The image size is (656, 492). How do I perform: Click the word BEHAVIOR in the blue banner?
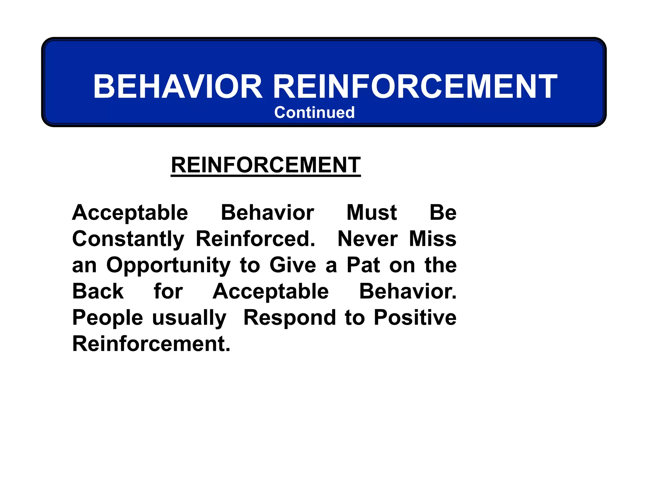click(178, 86)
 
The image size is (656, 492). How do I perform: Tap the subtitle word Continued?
click(314, 112)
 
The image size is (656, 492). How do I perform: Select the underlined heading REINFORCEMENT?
click(266, 165)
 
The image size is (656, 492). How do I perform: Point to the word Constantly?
click(128, 239)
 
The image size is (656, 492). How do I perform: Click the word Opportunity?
click(168, 266)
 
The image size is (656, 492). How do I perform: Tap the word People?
click(107, 318)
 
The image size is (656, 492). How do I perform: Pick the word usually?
click(189, 318)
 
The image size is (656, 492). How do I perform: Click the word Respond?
click(290, 318)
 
